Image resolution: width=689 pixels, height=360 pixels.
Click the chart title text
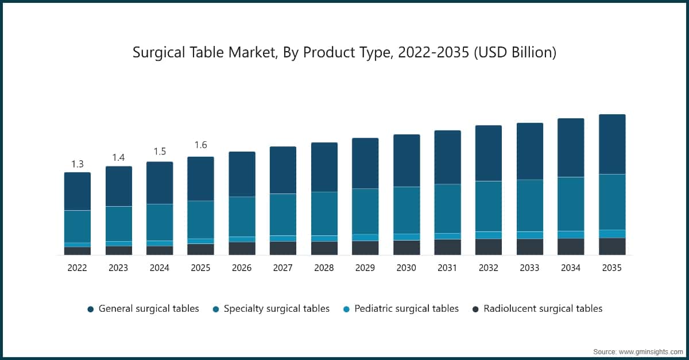tap(344, 53)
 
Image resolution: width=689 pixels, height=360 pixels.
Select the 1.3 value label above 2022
tap(78, 164)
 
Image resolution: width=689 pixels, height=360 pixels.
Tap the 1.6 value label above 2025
tap(200, 145)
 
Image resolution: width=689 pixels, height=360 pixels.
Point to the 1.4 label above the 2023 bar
tap(118, 157)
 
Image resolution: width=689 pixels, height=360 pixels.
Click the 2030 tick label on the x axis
tap(406, 268)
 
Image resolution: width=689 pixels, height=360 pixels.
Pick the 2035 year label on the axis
tap(611, 268)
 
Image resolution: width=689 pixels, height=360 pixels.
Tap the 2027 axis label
tap(282, 268)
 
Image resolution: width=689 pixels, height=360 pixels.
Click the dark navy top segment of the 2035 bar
tap(612, 144)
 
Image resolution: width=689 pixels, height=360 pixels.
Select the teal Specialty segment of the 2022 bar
tap(78, 226)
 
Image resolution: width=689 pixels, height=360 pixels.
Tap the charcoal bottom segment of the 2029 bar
tap(365, 247)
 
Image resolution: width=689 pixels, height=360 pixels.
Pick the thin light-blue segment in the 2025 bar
tap(200, 241)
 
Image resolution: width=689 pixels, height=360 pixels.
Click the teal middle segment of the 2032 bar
tap(489, 206)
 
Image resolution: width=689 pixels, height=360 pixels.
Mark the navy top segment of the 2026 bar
tap(242, 174)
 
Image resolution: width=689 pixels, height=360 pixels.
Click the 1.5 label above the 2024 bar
tap(160, 152)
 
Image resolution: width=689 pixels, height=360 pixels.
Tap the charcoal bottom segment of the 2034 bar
tap(571, 246)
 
